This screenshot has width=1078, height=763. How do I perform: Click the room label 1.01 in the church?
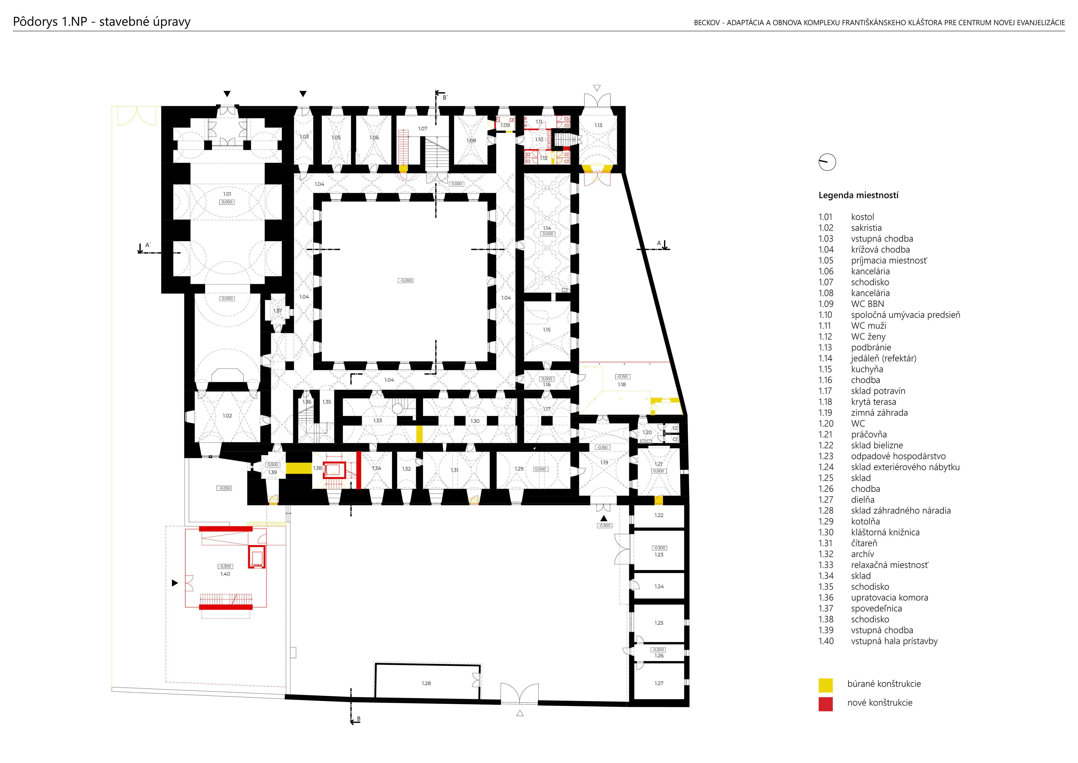point(227,194)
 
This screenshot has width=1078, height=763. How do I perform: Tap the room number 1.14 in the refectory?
point(547,228)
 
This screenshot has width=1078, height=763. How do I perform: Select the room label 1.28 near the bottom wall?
point(426,683)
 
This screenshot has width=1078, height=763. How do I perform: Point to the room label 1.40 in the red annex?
point(225,574)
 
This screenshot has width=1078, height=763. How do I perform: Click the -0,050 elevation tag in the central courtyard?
point(406,281)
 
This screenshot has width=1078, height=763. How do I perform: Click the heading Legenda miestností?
point(858,195)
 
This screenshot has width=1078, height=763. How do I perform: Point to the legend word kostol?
point(862,217)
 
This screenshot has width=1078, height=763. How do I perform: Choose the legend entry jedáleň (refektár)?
point(884,358)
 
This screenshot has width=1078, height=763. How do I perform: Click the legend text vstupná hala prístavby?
point(895,641)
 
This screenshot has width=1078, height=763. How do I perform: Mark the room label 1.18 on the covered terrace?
point(622,384)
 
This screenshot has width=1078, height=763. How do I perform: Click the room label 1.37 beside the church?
point(278,311)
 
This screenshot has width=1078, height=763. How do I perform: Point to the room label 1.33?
point(378,421)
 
